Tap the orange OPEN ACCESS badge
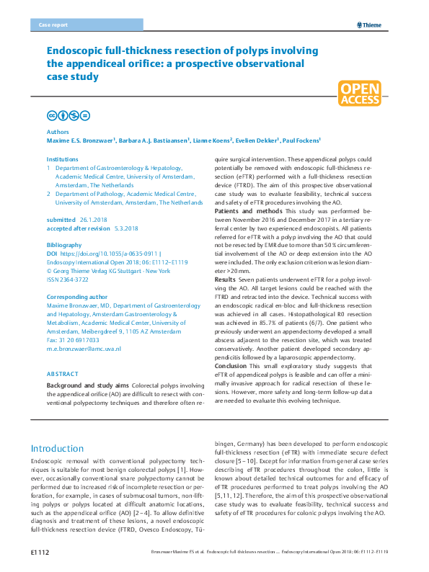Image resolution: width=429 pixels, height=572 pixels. coord(360,94)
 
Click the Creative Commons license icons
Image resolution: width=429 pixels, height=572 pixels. coord(69,115)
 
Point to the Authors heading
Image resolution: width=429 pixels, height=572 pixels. coord(58,133)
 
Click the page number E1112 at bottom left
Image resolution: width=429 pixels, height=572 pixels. coord(40,551)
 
